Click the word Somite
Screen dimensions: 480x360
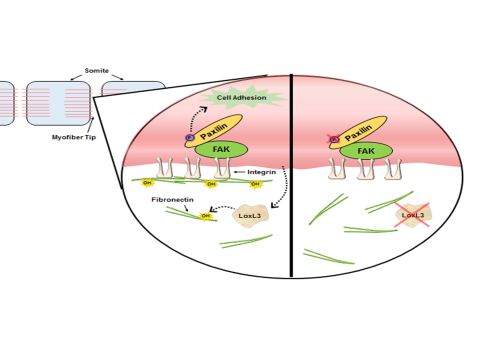click(x=97, y=71)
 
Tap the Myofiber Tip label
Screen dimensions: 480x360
click(x=74, y=137)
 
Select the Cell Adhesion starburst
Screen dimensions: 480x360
click(x=242, y=97)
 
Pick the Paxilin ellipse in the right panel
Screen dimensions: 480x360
click(x=359, y=132)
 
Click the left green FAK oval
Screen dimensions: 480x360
click(x=221, y=149)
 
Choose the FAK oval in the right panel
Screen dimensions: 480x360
click(x=366, y=151)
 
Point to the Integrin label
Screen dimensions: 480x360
click(x=261, y=172)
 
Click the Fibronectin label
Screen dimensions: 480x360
click(x=172, y=200)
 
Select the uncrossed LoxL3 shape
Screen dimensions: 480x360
click(x=250, y=215)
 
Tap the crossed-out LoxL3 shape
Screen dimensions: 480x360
click(x=413, y=215)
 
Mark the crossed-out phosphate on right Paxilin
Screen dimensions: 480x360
click(x=334, y=139)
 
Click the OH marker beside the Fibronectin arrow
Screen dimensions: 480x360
click(x=206, y=216)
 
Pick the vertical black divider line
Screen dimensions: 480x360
click(x=292, y=176)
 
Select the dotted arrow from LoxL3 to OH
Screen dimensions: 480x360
click(x=223, y=208)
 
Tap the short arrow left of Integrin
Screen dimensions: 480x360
click(x=240, y=172)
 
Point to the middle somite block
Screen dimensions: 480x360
click(x=58, y=103)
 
